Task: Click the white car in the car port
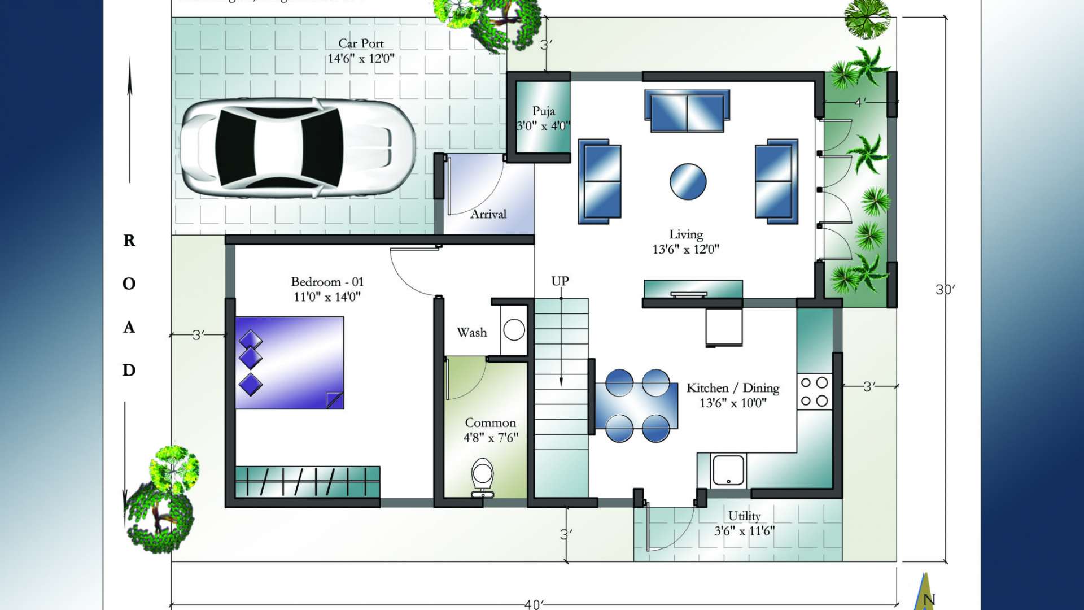coord(298,148)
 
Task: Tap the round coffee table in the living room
coord(688,181)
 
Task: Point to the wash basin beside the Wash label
coord(514,330)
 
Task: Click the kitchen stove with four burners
coord(814,391)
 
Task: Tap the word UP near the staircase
coord(560,281)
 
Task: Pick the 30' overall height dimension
coord(945,289)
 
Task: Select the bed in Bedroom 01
coord(289,363)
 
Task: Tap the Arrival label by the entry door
coord(488,214)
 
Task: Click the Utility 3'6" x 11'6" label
coord(744,523)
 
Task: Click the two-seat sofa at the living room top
coord(687,111)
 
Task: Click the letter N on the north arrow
coord(929,599)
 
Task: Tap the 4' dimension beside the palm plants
coord(859,102)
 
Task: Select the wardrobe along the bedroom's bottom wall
coord(307,482)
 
